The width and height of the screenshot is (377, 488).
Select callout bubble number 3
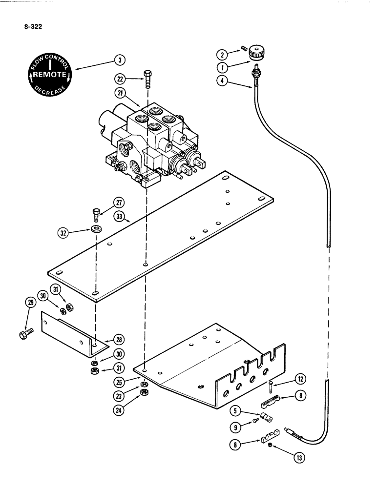(x=119, y=60)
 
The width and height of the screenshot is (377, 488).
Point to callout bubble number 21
(x=120, y=93)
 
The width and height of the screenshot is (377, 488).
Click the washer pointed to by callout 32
(x=96, y=229)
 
